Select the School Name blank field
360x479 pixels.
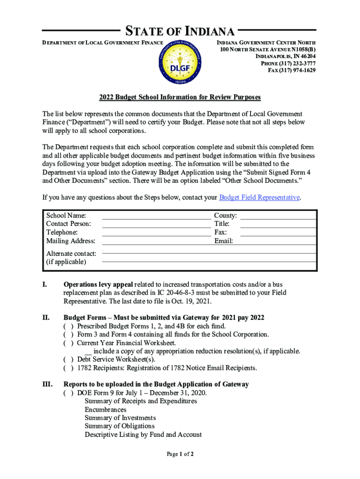[156, 216]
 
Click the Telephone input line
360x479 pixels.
[156, 232]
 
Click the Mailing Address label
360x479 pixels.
[71, 241]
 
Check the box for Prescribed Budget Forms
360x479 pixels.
[68, 326]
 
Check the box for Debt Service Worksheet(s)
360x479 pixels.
[68, 360]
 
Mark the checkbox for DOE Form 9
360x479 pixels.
[68, 393]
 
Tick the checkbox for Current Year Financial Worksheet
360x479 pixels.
[68, 343]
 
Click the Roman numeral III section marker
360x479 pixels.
[47, 384]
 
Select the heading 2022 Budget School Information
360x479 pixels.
[180, 97]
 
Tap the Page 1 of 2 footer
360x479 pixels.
[180, 454]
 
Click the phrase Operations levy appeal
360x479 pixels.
[99, 284]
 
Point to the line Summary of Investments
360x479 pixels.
[120, 418]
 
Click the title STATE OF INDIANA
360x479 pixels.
[180, 32]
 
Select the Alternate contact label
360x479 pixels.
[71, 254]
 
